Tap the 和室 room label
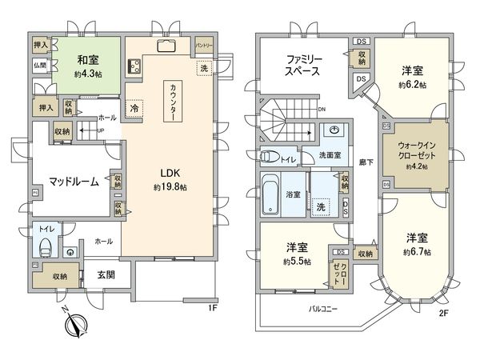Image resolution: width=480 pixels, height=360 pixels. click(89, 59)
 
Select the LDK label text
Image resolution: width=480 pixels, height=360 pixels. click(171, 173)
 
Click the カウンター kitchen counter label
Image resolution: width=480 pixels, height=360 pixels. click(173, 102)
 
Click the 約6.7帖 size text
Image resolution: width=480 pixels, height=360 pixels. click(416, 250)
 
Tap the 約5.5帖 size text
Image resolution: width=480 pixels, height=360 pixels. click(298, 261)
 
